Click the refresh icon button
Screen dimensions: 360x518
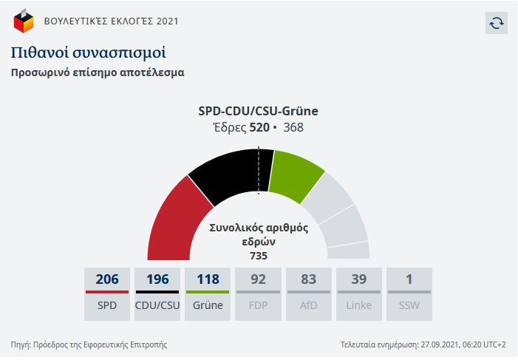click(x=497, y=23)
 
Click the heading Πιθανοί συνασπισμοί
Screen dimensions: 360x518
click(x=88, y=52)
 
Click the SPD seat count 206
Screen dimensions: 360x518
click(x=107, y=279)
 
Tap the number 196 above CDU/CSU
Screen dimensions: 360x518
click(x=157, y=279)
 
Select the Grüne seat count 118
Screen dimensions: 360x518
click(x=208, y=279)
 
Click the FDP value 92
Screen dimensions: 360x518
click(x=258, y=279)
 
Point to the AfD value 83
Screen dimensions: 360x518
click(x=308, y=279)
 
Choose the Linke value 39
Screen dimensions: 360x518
click(x=358, y=279)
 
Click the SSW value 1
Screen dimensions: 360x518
click(x=409, y=279)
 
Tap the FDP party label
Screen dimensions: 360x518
click(x=258, y=305)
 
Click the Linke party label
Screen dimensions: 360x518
click(x=358, y=305)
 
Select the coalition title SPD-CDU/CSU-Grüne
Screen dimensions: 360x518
click(x=258, y=112)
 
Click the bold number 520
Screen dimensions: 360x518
click(x=259, y=128)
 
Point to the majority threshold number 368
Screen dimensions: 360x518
click(x=293, y=128)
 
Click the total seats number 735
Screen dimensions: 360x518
click(x=258, y=256)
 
